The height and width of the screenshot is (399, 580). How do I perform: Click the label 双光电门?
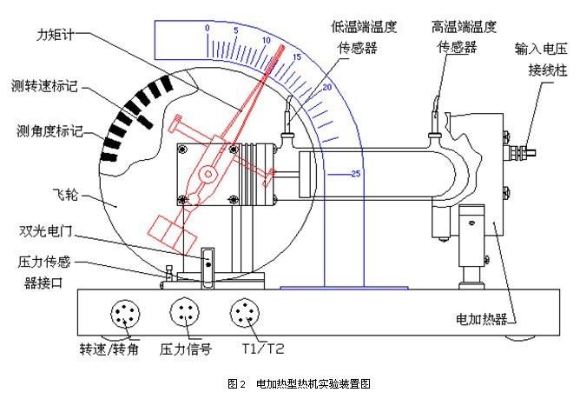[49, 231]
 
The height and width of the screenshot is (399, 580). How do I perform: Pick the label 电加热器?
[480, 318]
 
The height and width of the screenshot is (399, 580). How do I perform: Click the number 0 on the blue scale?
[208, 29]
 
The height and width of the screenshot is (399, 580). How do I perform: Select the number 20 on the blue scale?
[327, 89]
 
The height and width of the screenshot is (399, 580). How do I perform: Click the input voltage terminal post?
[521, 153]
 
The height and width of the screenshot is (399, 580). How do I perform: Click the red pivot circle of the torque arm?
[208, 176]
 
